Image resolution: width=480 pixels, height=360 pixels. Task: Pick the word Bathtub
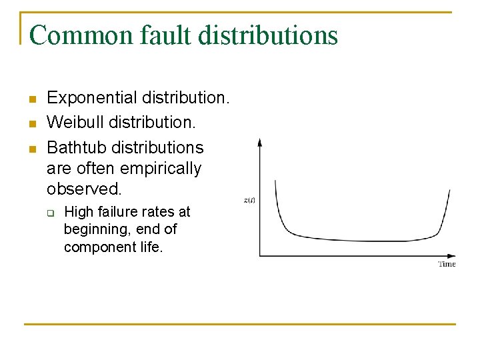coord(75,147)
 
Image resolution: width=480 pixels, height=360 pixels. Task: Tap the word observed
coord(85,189)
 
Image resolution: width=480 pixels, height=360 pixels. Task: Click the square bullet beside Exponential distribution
coord(31,100)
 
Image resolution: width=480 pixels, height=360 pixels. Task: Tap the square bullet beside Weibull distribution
coord(31,124)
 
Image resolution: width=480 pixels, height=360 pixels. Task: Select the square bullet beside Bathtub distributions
coord(31,148)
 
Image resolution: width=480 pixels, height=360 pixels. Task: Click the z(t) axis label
coord(249,200)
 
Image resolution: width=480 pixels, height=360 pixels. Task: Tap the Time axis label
coord(447,265)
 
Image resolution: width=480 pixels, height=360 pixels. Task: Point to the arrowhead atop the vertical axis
coord(260,142)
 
